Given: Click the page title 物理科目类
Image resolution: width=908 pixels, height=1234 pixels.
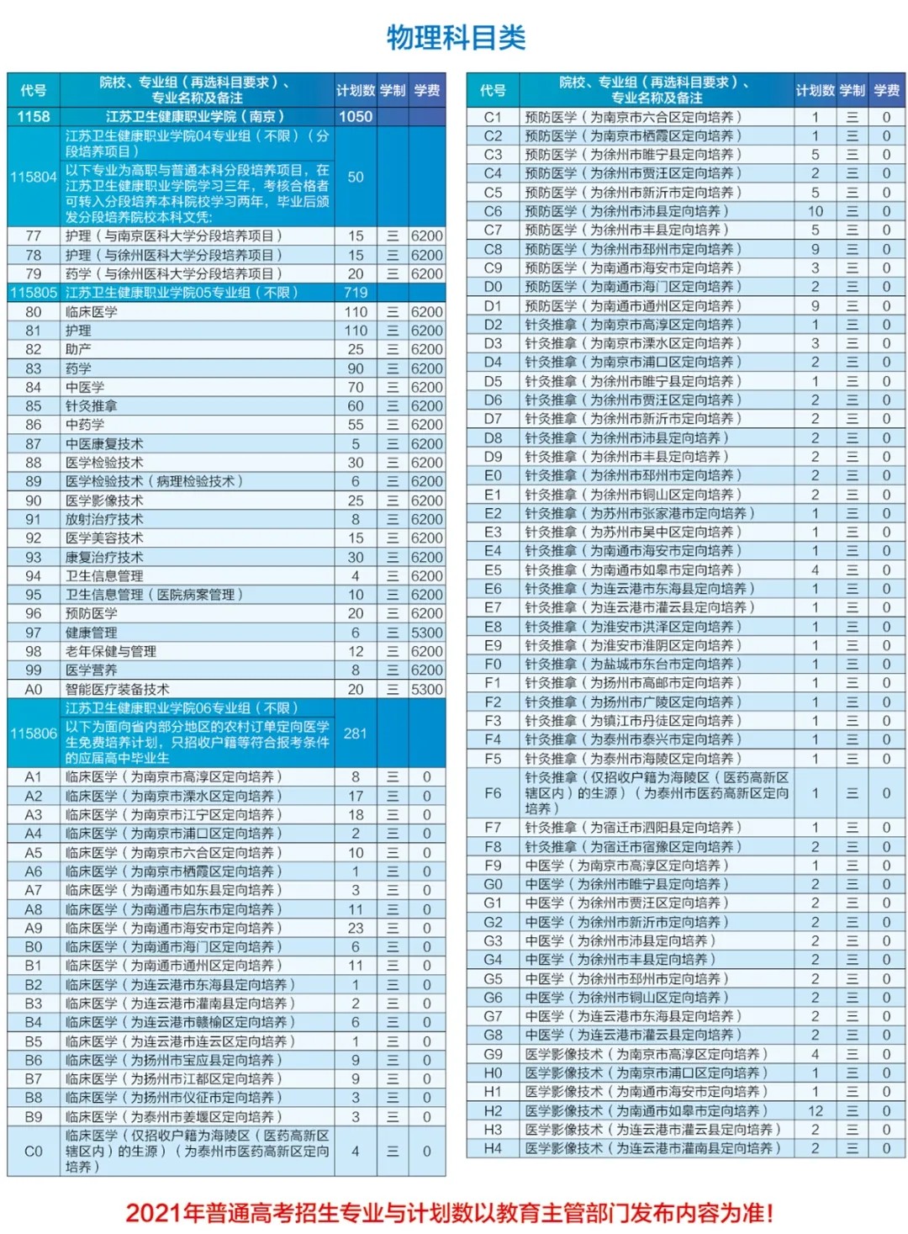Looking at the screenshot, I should (456, 38).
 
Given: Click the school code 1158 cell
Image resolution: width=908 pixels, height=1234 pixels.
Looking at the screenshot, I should (34, 117).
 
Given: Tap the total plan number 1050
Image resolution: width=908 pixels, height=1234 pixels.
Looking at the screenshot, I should (356, 117).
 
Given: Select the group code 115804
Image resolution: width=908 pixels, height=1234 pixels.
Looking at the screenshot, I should (34, 177).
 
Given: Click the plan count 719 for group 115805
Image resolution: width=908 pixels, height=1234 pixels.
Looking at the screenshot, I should (356, 293).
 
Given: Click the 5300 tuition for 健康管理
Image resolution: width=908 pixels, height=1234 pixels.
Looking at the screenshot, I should (426, 633).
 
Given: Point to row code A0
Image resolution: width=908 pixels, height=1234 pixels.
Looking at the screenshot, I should (34, 690).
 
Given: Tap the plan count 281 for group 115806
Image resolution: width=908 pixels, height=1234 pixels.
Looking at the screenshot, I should (356, 734).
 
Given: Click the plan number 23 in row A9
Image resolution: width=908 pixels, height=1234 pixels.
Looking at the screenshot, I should (356, 928).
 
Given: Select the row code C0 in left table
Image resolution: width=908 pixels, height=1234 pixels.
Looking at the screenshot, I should (34, 1152).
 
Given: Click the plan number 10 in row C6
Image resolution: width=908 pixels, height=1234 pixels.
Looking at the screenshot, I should (815, 211).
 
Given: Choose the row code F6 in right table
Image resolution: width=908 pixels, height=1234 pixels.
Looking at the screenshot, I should (493, 793).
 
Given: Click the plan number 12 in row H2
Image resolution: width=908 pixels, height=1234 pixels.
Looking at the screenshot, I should (815, 1110).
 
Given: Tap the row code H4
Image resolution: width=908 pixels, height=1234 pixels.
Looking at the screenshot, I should (493, 1148).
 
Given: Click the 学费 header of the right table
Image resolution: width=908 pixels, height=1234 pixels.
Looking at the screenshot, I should (886, 90).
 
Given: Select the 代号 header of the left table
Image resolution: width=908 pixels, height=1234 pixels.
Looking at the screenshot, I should (34, 90).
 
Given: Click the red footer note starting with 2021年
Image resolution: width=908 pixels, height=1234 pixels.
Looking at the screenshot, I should (449, 1212).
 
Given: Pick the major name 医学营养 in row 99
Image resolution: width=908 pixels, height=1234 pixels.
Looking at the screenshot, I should (91, 670).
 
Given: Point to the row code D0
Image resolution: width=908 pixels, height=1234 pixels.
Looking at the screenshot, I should (493, 287).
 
